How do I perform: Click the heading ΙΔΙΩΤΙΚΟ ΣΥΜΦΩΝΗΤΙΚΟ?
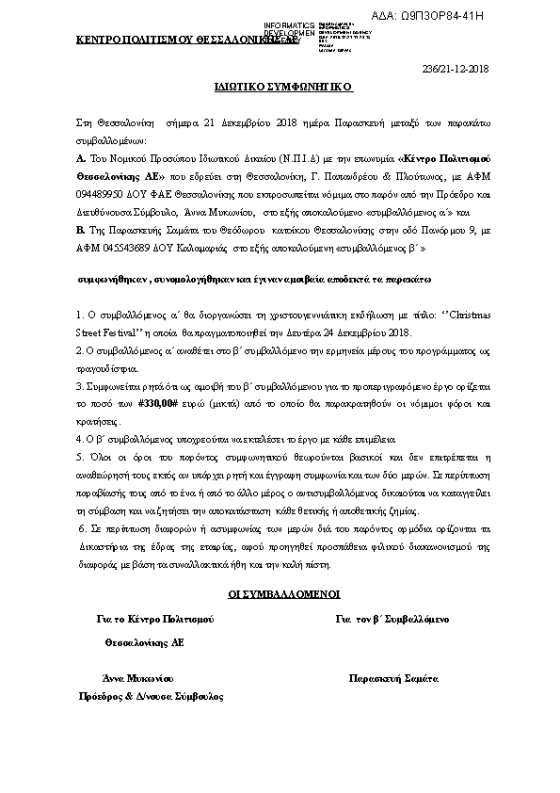(x=282, y=86)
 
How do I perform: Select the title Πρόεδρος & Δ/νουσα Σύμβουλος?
(x=151, y=696)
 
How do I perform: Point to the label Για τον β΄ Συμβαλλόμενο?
(x=392, y=620)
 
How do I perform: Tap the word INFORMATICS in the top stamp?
(x=290, y=24)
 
